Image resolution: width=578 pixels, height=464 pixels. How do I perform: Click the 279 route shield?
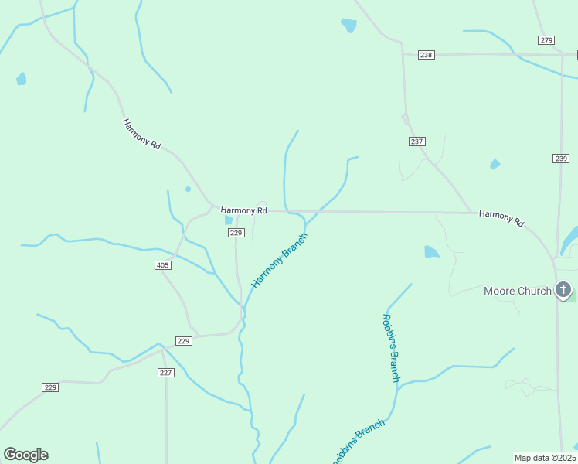pyautogui.click(x=546, y=40)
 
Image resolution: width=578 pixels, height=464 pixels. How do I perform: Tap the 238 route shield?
pyautogui.click(x=427, y=54)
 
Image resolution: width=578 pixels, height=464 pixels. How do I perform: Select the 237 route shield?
pyautogui.click(x=417, y=142)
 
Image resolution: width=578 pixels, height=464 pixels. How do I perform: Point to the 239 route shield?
pyautogui.click(x=561, y=158)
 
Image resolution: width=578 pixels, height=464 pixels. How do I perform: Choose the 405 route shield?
pyautogui.click(x=162, y=265)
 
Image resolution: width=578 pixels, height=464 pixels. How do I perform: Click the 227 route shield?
pyautogui.click(x=166, y=373)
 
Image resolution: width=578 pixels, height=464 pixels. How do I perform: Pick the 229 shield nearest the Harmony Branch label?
pyautogui.click(x=236, y=233)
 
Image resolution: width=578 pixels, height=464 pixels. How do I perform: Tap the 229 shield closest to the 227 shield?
pyautogui.click(x=183, y=341)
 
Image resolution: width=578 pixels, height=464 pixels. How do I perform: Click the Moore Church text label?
pyautogui.click(x=517, y=291)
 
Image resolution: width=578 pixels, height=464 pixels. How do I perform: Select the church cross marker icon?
pyautogui.click(x=563, y=291)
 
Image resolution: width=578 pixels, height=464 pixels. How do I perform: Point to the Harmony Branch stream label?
pyautogui.click(x=279, y=260)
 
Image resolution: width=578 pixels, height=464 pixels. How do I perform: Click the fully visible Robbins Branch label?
pyautogui.click(x=391, y=347)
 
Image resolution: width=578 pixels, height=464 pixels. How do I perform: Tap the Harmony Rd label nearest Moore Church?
pyautogui.click(x=501, y=218)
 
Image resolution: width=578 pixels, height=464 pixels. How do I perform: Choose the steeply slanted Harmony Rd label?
pyautogui.click(x=141, y=134)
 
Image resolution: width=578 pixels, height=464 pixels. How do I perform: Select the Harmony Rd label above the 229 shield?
pyautogui.click(x=243, y=210)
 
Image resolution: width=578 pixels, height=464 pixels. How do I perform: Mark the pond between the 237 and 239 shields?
pyautogui.click(x=495, y=164)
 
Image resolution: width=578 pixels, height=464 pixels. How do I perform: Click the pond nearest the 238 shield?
pyautogui.click(x=349, y=25)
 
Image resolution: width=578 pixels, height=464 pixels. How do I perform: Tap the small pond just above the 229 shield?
pyautogui.click(x=228, y=220)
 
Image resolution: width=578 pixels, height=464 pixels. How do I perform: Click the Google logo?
pyautogui.click(x=25, y=455)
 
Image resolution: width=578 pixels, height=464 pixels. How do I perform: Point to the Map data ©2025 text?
pyautogui.click(x=545, y=458)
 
